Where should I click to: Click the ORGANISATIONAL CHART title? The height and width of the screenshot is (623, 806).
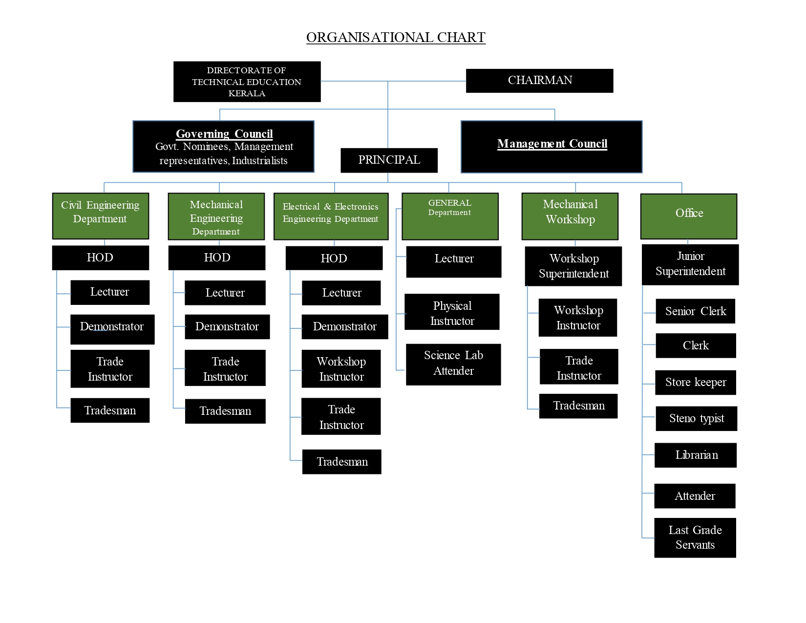tap(396, 38)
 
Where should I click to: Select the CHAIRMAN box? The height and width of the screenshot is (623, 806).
tap(539, 81)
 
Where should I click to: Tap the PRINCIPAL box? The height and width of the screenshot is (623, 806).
tap(389, 160)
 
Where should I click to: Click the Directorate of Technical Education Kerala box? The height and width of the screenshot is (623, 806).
tap(247, 82)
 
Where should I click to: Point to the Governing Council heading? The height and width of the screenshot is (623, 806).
tap(224, 134)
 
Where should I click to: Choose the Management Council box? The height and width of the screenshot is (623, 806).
tap(551, 147)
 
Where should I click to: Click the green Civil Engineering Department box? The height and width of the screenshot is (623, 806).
tap(100, 215)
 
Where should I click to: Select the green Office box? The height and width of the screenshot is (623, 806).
tap(688, 216)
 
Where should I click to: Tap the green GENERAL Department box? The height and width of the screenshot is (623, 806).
tap(449, 216)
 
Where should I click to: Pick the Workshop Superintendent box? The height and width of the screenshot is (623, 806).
tap(573, 266)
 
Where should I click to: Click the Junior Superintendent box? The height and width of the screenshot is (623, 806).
tap(690, 264)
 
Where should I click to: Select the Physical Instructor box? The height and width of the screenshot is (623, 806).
tap(452, 312)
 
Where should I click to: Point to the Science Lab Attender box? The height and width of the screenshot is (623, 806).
tap(453, 364)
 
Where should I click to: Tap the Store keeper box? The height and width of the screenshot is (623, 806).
tap(695, 382)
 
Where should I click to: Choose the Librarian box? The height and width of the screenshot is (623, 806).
tap(696, 455)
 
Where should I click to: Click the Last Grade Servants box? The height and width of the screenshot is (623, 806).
tap(695, 537)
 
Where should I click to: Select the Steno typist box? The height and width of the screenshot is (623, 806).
tap(696, 419)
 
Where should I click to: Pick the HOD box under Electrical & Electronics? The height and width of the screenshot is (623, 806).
tap(334, 258)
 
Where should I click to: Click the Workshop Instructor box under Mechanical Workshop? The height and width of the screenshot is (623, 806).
tap(578, 318)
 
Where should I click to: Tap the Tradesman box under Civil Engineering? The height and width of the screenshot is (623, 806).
tap(110, 410)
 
